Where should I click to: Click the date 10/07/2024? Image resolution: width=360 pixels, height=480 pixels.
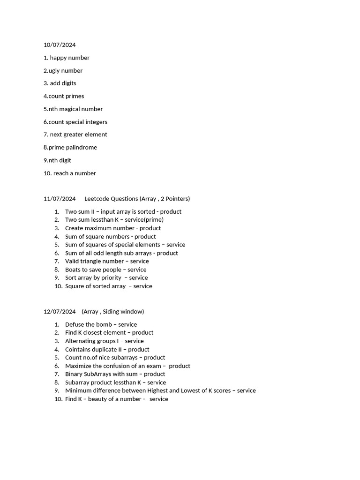60,45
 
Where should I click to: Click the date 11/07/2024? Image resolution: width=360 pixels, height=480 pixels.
60,199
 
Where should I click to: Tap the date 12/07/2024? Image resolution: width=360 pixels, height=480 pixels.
60,312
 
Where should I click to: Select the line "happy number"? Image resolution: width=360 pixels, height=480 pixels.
70,58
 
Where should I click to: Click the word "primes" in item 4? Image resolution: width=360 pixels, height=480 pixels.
75,96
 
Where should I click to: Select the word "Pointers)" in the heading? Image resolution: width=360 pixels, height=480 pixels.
176,199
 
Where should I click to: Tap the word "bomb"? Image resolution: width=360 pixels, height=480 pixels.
104,325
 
